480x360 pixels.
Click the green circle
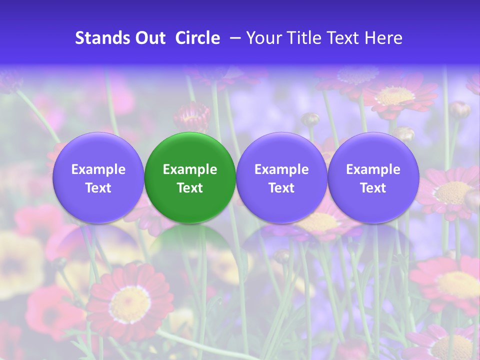[x=190, y=177]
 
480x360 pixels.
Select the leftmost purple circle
[x=98, y=177]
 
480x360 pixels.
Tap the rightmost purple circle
[x=373, y=177]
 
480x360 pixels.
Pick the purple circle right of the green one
[x=281, y=177]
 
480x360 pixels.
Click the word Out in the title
[x=149, y=38]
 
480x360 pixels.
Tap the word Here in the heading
[x=383, y=38]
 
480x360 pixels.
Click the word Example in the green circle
[x=190, y=169]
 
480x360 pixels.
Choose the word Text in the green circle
[x=190, y=188]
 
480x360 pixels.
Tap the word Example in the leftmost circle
[x=98, y=169]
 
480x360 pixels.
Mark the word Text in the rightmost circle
[x=373, y=188]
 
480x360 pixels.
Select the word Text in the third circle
[x=281, y=188]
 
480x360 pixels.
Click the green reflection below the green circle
[x=190, y=245]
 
